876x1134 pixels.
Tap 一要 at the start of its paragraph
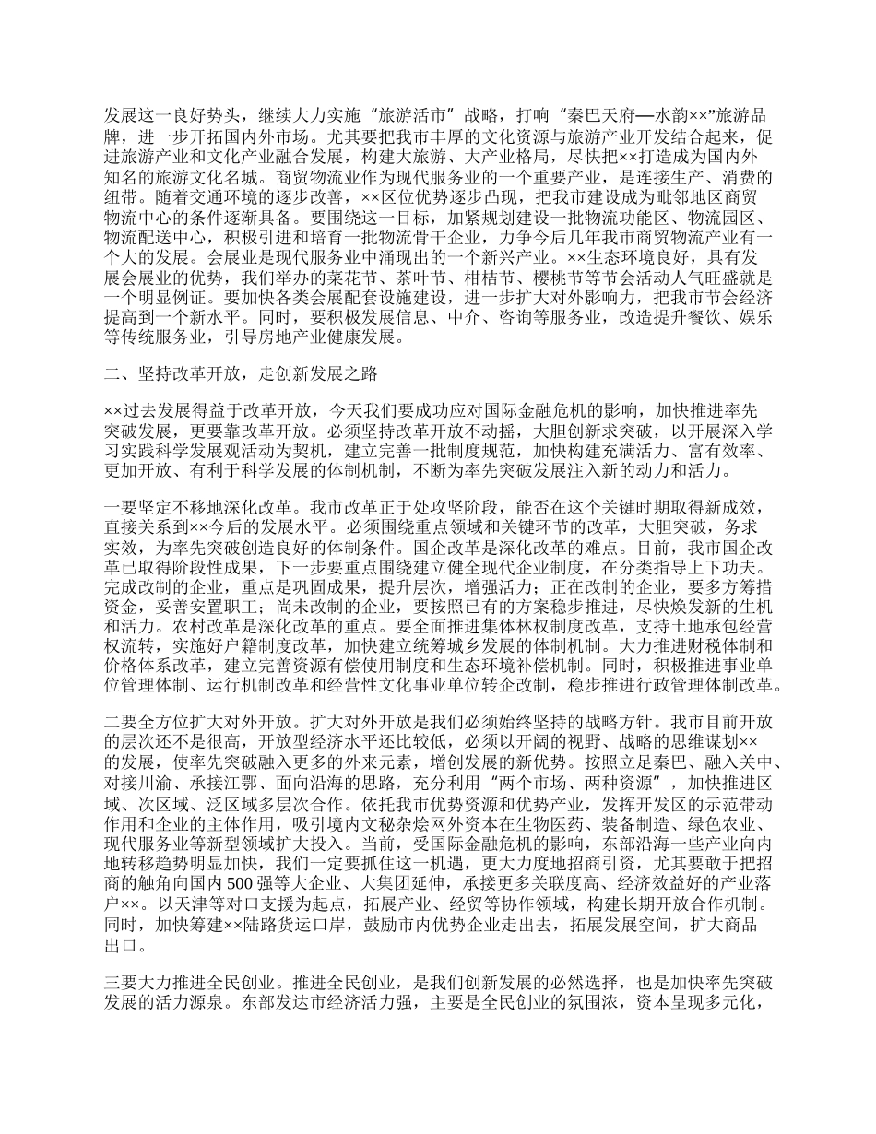tap(121, 508)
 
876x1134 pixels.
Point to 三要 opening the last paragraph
tap(121, 983)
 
